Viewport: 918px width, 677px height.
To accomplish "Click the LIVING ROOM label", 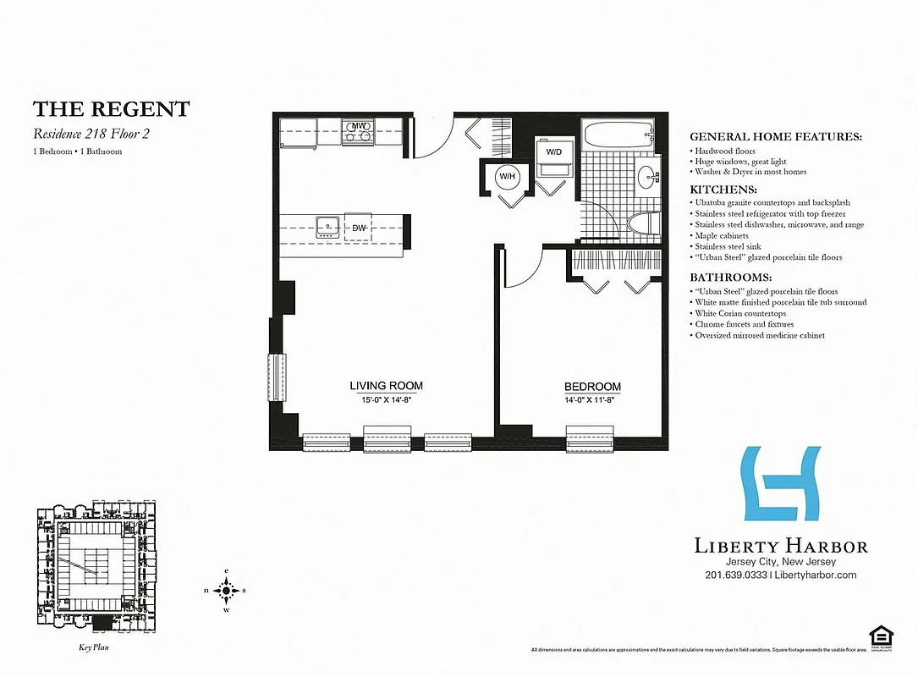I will pyautogui.click(x=386, y=386).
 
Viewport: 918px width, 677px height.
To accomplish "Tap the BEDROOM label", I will pyautogui.click(x=592, y=387).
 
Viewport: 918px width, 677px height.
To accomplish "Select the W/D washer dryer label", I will pyautogui.click(x=554, y=151).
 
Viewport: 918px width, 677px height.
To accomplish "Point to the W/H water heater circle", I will pyautogui.click(x=508, y=176).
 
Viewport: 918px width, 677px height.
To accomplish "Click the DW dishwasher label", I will pyautogui.click(x=359, y=228).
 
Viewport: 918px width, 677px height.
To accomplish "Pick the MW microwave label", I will pyautogui.click(x=360, y=126).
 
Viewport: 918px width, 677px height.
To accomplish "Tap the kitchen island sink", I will pyautogui.click(x=327, y=226).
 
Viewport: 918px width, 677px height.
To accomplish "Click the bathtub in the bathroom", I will pyautogui.click(x=618, y=134).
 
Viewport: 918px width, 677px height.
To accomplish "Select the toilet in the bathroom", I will pyautogui.click(x=643, y=224).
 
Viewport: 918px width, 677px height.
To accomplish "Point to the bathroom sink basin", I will pyautogui.click(x=648, y=178).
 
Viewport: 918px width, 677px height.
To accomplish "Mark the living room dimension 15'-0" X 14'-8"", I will pyautogui.click(x=386, y=400).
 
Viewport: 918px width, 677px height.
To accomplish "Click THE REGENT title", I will pyautogui.click(x=111, y=109).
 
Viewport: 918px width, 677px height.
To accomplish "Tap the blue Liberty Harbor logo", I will pyautogui.click(x=780, y=483).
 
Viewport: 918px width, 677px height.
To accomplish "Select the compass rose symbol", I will pyautogui.click(x=227, y=590).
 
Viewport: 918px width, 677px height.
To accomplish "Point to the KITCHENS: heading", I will pyautogui.click(x=723, y=190).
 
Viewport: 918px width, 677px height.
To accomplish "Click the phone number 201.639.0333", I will pyautogui.click(x=735, y=575).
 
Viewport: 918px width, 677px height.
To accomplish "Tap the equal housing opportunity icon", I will pyautogui.click(x=881, y=635).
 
